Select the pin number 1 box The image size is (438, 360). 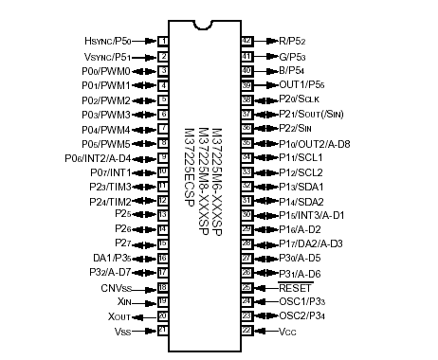(x=163, y=41)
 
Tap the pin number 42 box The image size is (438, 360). (x=246, y=41)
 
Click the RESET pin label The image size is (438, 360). (x=296, y=286)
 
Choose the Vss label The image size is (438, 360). (x=121, y=331)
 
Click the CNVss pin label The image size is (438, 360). (x=118, y=286)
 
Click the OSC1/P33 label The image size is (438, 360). (x=302, y=301)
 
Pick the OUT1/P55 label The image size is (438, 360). (x=302, y=85)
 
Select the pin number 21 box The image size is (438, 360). (x=163, y=331)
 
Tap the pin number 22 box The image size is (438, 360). (x=246, y=331)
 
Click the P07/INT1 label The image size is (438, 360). (x=109, y=173)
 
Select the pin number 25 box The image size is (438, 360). (x=246, y=286)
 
